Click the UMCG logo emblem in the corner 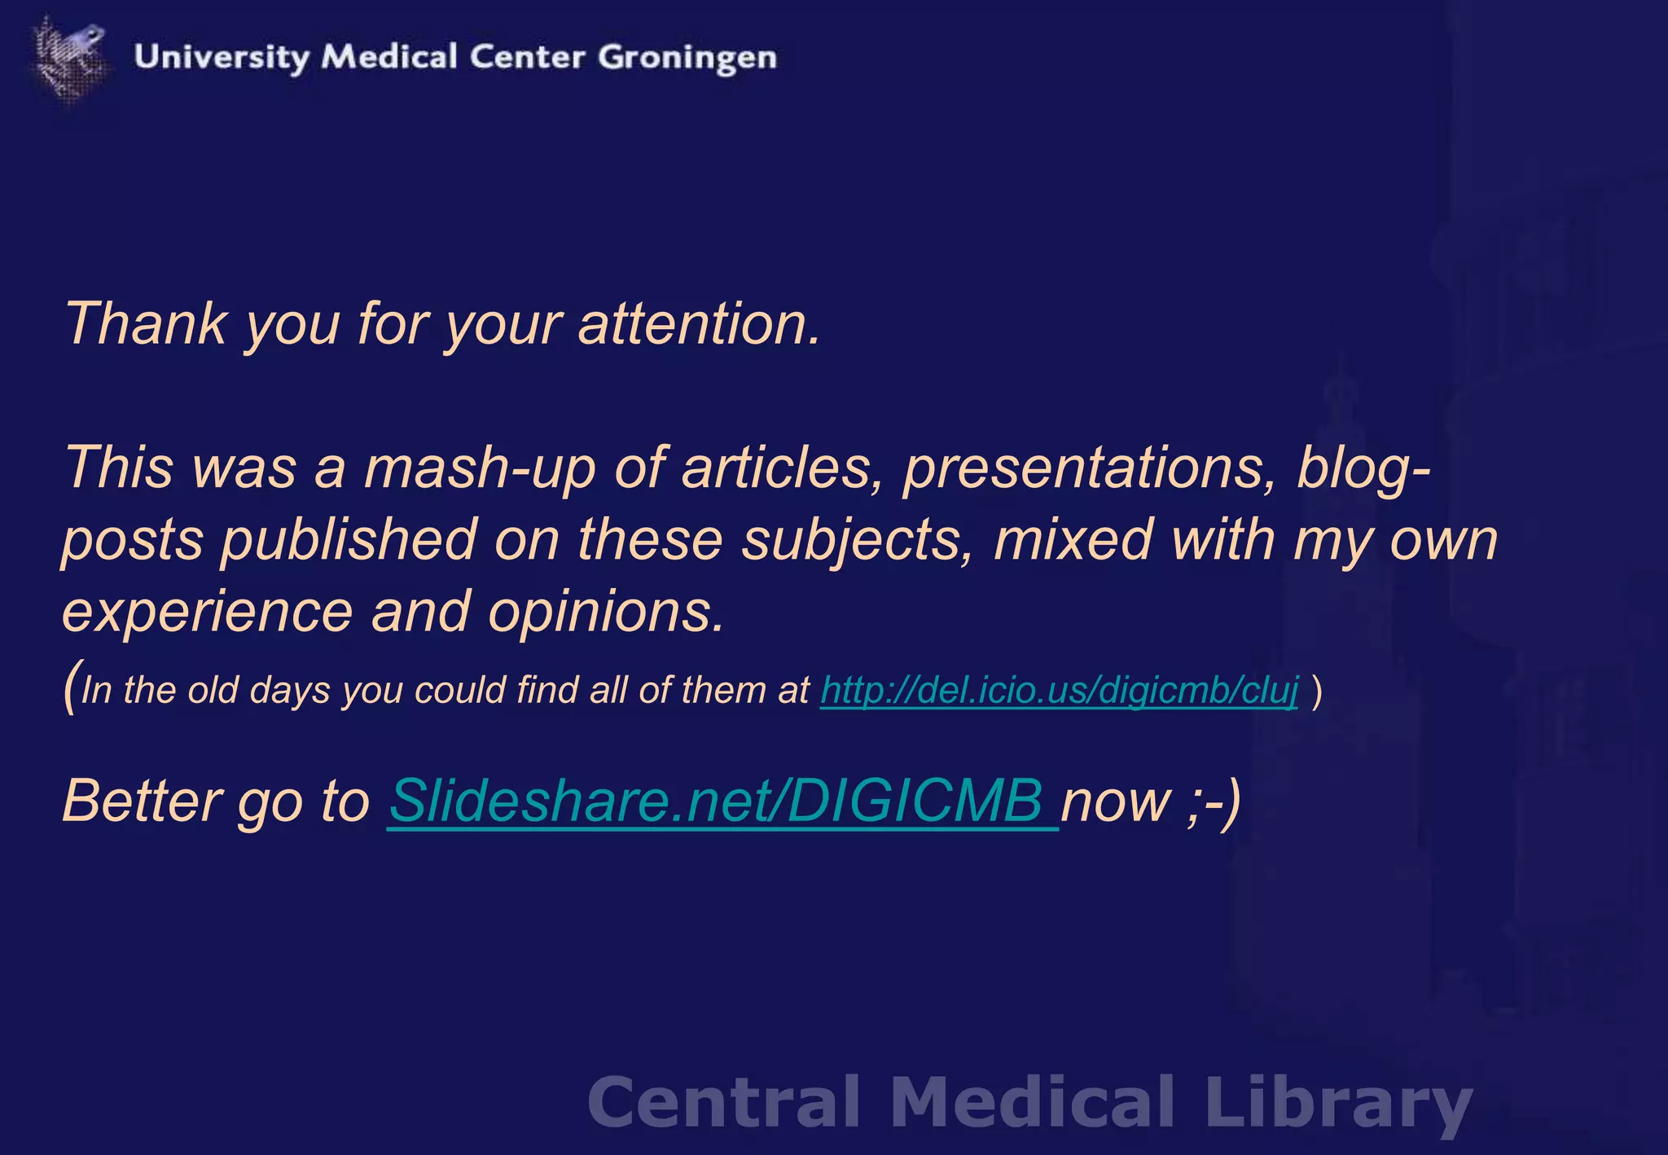tap(68, 57)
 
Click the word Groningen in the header tap(687, 58)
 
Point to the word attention tap(699, 324)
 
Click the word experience tap(208, 612)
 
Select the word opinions tap(606, 612)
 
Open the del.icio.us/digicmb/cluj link tap(1059, 691)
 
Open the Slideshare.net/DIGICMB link tap(722, 801)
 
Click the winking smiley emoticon tap(1214, 801)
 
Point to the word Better tap(143, 801)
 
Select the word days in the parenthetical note tap(288, 691)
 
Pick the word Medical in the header tap(389, 58)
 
